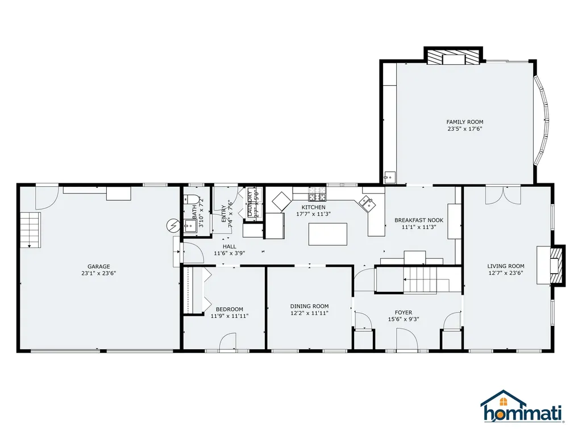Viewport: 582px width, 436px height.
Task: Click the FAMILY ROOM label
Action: pos(464,122)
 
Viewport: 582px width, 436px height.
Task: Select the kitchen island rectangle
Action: pos(328,234)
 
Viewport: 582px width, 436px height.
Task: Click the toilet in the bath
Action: pos(192,201)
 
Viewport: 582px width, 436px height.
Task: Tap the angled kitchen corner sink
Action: pos(367,203)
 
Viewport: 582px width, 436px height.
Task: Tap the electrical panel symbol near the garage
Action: pos(173,225)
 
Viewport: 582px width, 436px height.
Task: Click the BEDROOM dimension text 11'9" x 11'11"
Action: pos(229,316)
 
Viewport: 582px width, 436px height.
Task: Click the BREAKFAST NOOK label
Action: pos(419,220)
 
